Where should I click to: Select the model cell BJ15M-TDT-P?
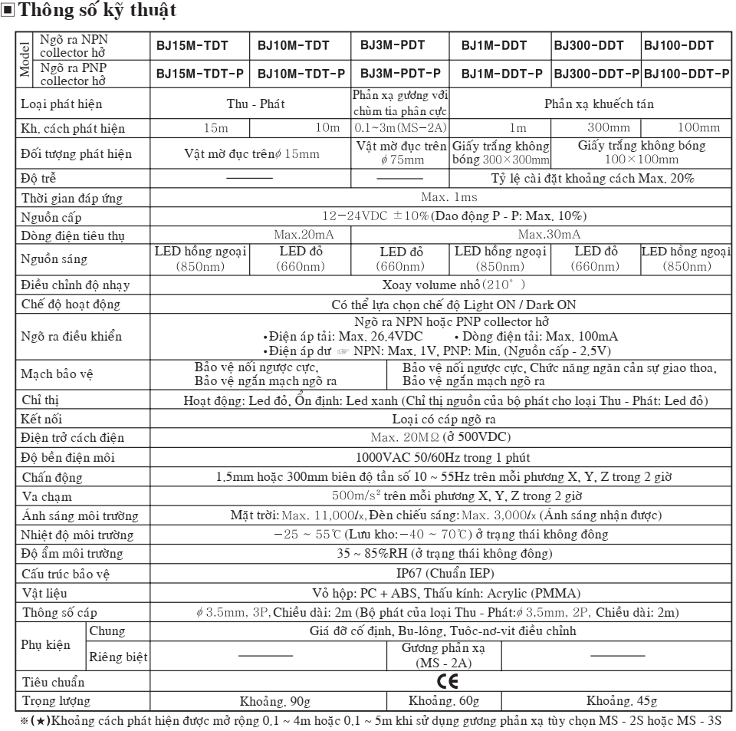(200, 74)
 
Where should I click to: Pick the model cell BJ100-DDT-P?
(686, 74)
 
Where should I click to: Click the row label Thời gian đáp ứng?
(72, 199)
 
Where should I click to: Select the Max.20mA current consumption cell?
(300, 234)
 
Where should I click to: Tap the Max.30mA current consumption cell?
(549, 234)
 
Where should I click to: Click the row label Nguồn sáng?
(54, 258)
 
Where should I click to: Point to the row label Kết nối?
(42, 420)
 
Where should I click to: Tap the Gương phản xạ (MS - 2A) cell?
(444, 655)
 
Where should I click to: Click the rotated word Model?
(25, 60)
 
